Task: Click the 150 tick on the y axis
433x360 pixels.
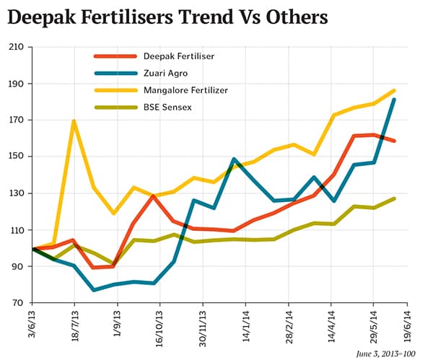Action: click(x=15, y=157)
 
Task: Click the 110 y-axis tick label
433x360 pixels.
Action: click(x=15, y=230)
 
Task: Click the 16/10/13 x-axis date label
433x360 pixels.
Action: click(x=159, y=329)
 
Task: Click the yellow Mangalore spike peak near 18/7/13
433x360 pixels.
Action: click(x=74, y=121)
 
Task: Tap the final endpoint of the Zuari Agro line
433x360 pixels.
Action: click(x=394, y=100)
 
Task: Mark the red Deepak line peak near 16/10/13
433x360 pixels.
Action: click(x=154, y=196)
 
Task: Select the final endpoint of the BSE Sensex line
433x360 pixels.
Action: click(x=394, y=198)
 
